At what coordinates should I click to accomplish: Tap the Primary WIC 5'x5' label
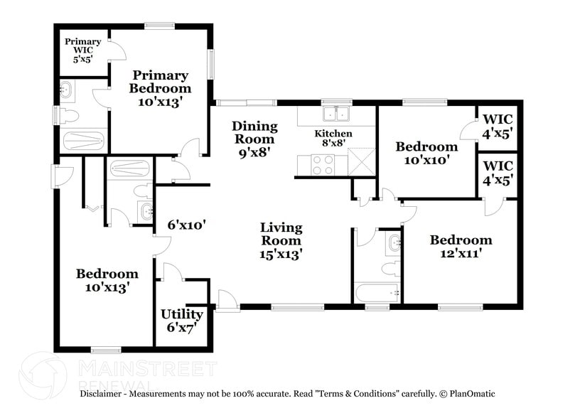pyautogui.click(x=83, y=50)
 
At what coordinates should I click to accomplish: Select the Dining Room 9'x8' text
pyautogui.click(x=254, y=139)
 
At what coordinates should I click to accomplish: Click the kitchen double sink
pyautogui.click(x=335, y=114)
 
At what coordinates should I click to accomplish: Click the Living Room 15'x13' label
pyautogui.click(x=281, y=240)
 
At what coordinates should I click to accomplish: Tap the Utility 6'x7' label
pyautogui.click(x=181, y=320)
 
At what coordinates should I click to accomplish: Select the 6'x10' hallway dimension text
pyautogui.click(x=186, y=225)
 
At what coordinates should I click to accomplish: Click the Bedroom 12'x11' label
pyautogui.click(x=461, y=246)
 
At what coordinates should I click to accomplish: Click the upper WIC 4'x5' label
pyautogui.click(x=498, y=126)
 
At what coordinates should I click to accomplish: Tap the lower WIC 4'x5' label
pyautogui.click(x=498, y=173)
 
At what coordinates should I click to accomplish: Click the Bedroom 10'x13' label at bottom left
pyautogui.click(x=107, y=280)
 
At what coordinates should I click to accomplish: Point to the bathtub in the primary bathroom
pyautogui.click(x=84, y=139)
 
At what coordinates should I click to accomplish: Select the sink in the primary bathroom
pyautogui.click(x=67, y=90)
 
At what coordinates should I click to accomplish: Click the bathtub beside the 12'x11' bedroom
pyautogui.click(x=377, y=292)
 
